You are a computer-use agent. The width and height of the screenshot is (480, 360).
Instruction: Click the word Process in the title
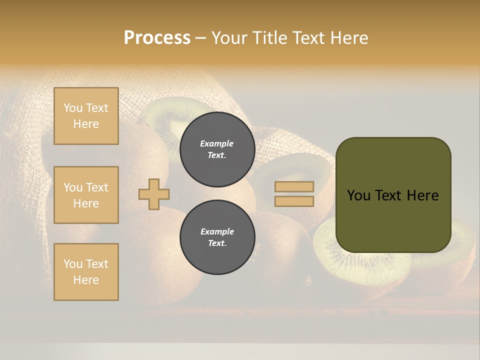(157, 38)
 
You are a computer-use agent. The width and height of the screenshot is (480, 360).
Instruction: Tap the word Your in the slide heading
(229, 38)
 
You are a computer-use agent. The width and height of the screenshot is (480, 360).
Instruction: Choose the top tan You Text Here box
(86, 116)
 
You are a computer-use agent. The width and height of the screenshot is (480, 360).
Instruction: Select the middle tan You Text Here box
(86, 195)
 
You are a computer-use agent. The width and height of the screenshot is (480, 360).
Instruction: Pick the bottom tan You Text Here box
(86, 272)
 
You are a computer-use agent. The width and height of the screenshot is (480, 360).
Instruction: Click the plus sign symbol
(154, 194)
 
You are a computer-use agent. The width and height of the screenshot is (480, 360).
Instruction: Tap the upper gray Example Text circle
(217, 149)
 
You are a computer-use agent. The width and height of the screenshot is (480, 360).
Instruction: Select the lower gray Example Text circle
(217, 237)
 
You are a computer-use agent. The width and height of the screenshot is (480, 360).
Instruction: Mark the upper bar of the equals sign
(294, 187)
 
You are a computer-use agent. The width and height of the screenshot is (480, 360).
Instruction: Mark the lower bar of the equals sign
(294, 201)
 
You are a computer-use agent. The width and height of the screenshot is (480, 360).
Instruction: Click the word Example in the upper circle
(217, 143)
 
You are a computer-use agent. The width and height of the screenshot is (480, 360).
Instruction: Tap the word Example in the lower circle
(217, 231)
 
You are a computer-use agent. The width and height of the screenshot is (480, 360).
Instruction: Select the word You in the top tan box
(73, 108)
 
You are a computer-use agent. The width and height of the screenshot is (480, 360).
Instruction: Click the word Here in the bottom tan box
(86, 280)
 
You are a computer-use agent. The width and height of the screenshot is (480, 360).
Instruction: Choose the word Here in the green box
(422, 195)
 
